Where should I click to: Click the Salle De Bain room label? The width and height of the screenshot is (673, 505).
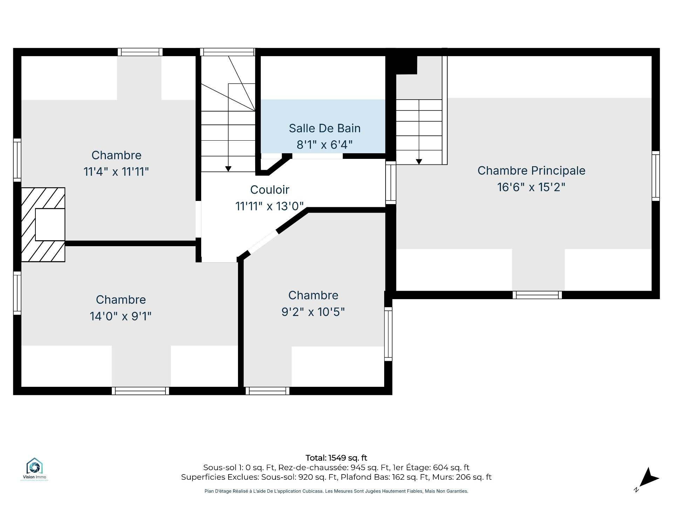pyautogui.click(x=325, y=128)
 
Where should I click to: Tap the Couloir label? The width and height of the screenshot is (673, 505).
pyautogui.click(x=270, y=190)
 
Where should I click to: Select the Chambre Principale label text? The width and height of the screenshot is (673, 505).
pyautogui.click(x=531, y=171)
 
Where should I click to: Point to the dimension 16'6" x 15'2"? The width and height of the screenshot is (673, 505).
pyautogui.click(x=531, y=187)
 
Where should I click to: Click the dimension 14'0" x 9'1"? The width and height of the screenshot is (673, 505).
pyautogui.click(x=121, y=316)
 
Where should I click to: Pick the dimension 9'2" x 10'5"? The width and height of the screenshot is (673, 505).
pyautogui.click(x=313, y=312)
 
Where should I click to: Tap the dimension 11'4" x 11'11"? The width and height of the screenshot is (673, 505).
pyautogui.click(x=116, y=172)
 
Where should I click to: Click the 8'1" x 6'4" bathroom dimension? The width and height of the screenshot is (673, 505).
pyautogui.click(x=325, y=144)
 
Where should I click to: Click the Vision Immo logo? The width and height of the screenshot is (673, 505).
pyautogui.click(x=34, y=469)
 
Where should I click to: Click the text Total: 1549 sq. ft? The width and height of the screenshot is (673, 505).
pyautogui.click(x=336, y=458)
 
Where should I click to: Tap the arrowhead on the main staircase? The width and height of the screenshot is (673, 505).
pyautogui.click(x=228, y=169)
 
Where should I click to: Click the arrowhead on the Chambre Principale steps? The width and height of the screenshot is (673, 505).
pyautogui.click(x=419, y=162)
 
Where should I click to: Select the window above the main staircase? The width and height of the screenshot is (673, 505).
pyautogui.click(x=227, y=52)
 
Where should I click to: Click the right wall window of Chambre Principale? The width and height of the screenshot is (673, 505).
pyautogui.click(x=655, y=176)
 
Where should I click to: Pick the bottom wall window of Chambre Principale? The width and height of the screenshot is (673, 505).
pyautogui.click(x=537, y=295)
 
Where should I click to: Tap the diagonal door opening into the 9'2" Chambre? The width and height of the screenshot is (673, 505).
pyautogui.click(x=263, y=242)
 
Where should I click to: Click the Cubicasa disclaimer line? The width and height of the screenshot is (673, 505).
pyautogui.click(x=336, y=491)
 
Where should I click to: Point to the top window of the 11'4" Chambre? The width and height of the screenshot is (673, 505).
pyautogui.click(x=140, y=52)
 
